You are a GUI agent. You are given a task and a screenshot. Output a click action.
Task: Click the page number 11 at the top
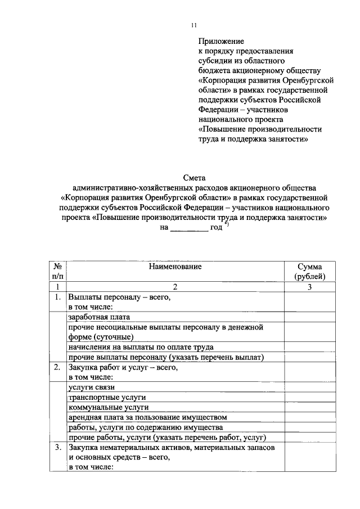click(x=194, y=25)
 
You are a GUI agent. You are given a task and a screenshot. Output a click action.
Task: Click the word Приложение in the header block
click(x=221, y=42)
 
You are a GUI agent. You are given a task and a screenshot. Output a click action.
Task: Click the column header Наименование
click(x=175, y=266)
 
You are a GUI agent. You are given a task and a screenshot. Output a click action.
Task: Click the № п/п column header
click(x=58, y=271)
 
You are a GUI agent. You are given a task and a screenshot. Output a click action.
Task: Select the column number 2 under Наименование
click(x=175, y=287)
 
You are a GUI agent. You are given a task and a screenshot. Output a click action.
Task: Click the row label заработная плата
click(x=99, y=317)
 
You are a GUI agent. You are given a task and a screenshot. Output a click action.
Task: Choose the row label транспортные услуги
click(x=102, y=398)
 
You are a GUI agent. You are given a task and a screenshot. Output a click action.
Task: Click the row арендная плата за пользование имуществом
click(x=147, y=418)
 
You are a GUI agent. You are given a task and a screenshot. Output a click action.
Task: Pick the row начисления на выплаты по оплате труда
click(x=141, y=347)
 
